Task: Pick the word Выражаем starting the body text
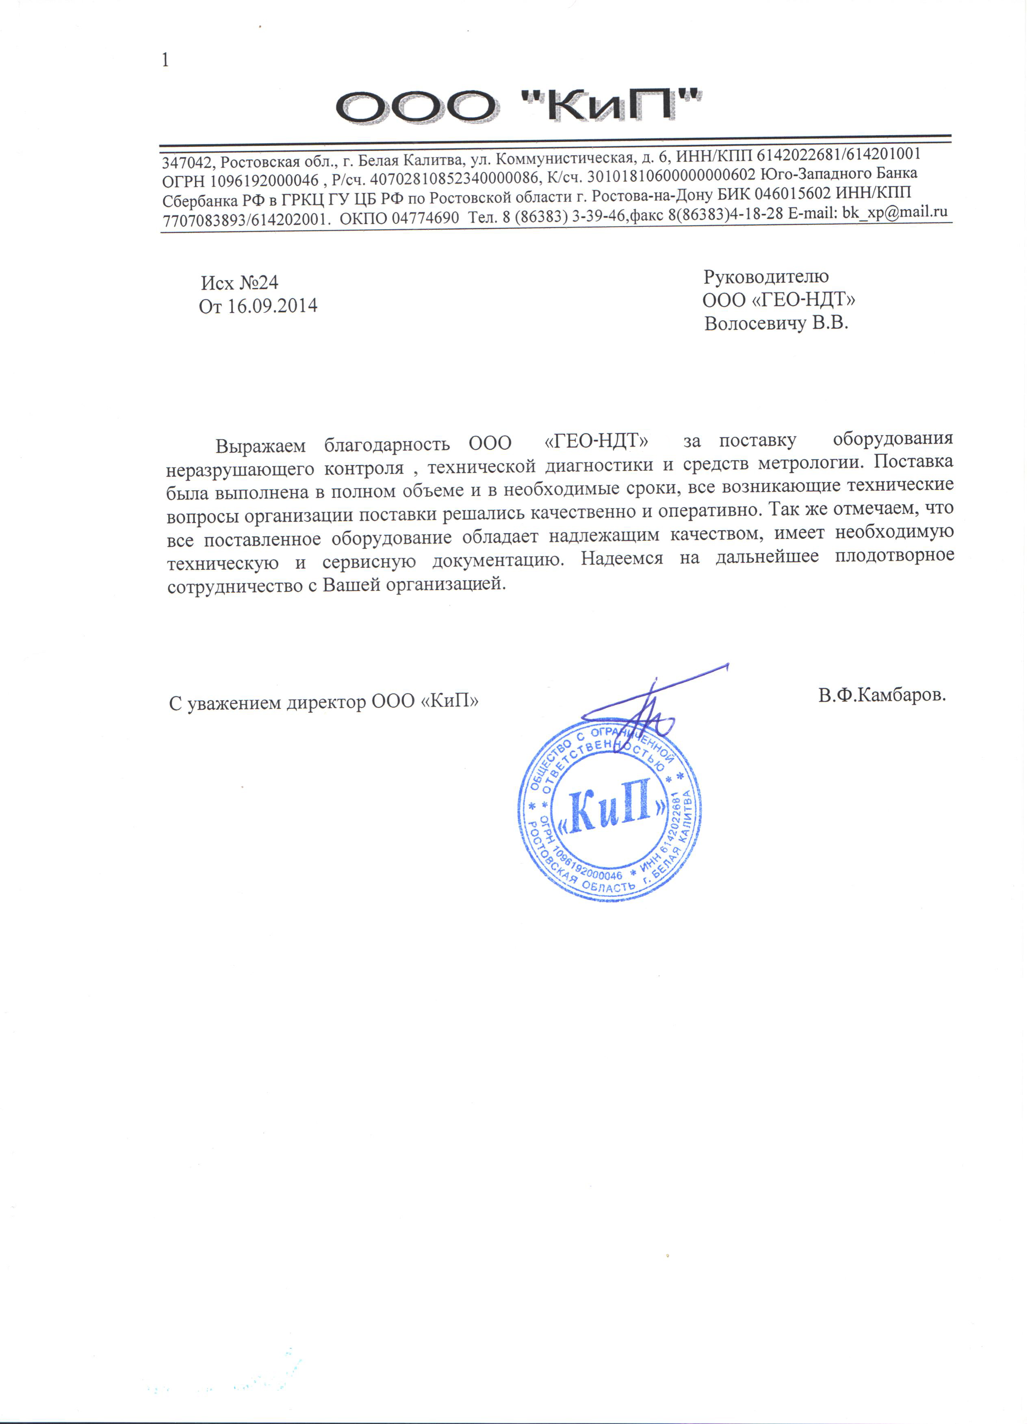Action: [x=260, y=446]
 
